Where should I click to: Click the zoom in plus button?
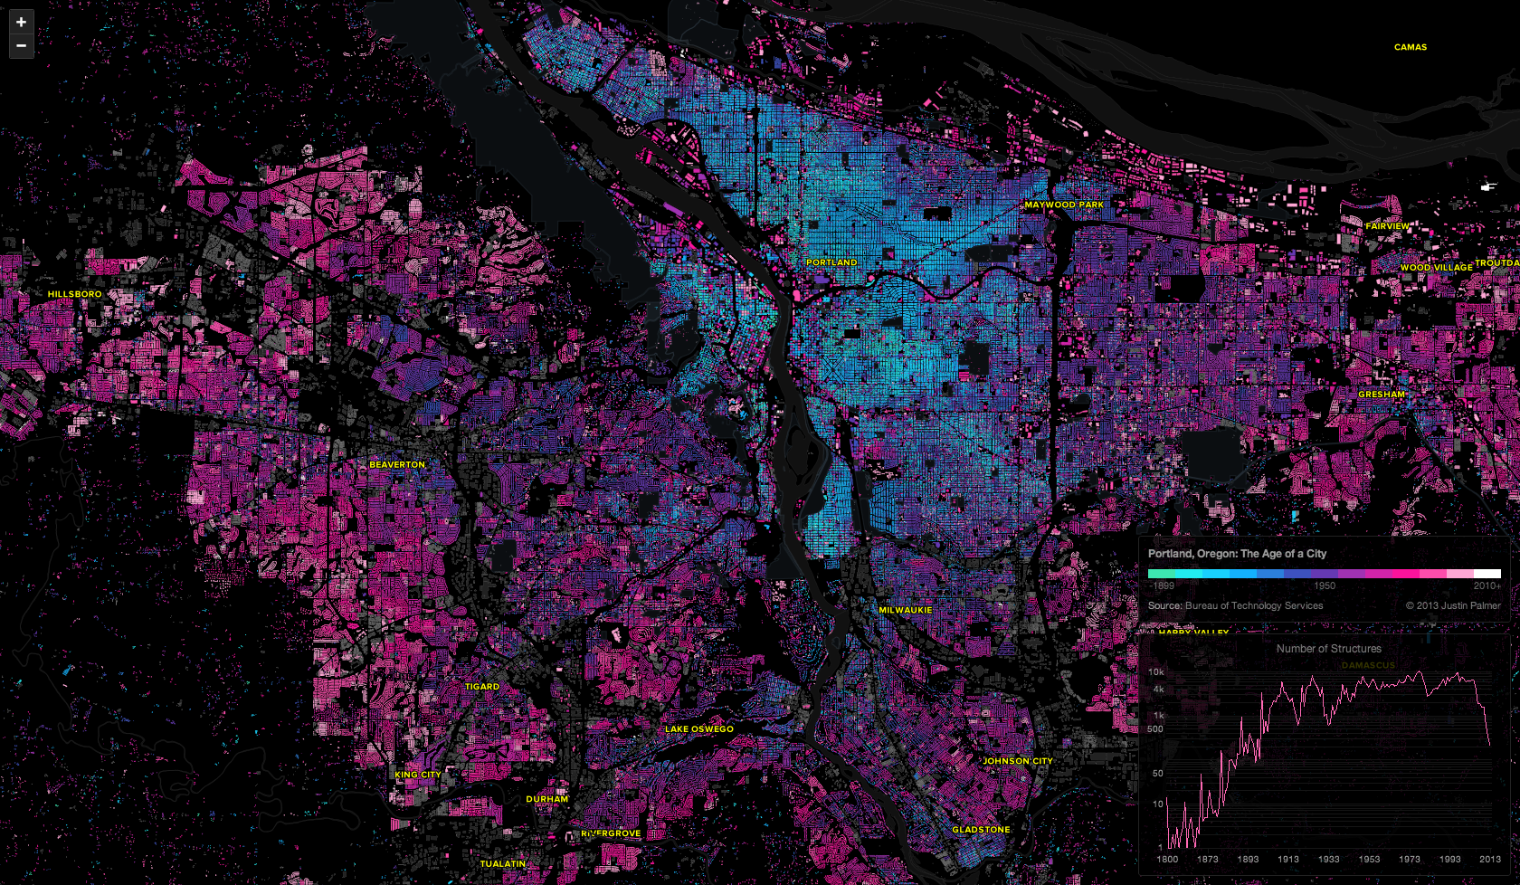[21, 22]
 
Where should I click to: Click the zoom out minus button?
[21, 45]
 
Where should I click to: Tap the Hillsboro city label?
[74, 294]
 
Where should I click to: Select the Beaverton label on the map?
[397, 464]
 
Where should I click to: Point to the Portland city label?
[831, 262]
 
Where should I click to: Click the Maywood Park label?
[1064, 205]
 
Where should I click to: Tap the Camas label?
[1410, 47]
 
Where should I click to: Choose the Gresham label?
[1382, 395]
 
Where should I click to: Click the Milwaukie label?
[905, 610]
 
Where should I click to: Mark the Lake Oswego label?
[699, 728]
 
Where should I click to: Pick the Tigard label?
[482, 687]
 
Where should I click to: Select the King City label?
[418, 775]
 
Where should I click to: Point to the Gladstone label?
[981, 830]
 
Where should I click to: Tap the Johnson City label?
[1018, 761]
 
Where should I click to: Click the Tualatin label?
[503, 864]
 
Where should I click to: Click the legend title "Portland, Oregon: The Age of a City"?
[1237, 554]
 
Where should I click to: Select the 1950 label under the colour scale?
[1325, 585]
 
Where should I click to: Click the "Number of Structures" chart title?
[1328, 649]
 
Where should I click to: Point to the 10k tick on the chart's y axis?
[1155, 672]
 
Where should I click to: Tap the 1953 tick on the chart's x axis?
[1369, 860]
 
